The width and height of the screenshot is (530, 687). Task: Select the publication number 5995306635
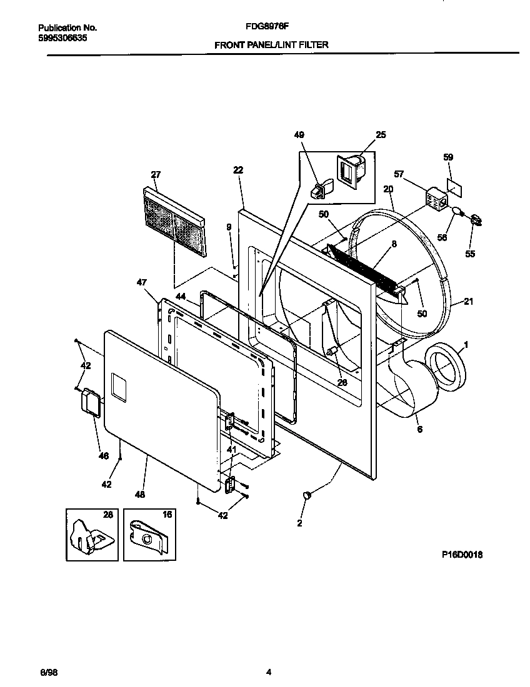(x=62, y=38)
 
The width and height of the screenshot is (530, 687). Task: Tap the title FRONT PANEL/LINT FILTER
(x=271, y=45)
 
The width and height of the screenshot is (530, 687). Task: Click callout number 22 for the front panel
(x=237, y=170)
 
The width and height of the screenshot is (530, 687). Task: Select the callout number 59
(x=448, y=157)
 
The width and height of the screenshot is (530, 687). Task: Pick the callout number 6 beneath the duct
(x=419, y=429)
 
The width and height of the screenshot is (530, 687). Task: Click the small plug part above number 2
(x=307, y=495)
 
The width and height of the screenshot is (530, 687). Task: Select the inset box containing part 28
(x=92, y=534)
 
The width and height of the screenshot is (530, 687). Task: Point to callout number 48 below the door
(x=139, y=495)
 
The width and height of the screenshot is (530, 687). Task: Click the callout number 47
(x=141, y=282)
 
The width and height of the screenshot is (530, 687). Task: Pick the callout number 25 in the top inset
(x=380, y=135)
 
